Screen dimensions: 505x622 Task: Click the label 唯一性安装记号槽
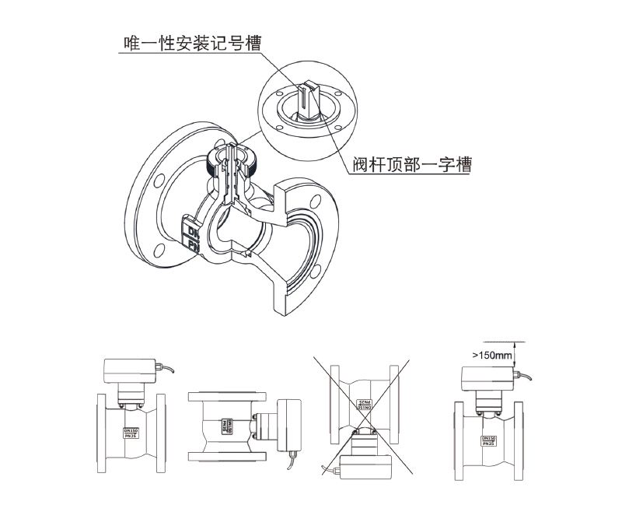pos(188,42)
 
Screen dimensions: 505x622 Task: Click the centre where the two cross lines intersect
pos(363,417)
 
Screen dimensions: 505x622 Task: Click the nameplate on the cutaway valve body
pos(192,234)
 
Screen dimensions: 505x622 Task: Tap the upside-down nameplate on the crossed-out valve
pos(364,405)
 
